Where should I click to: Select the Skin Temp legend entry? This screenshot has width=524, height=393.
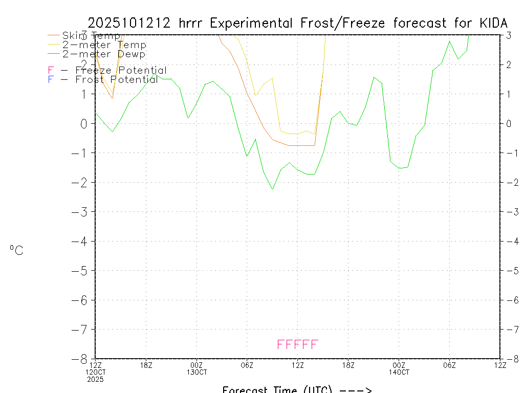[x=91, y=35]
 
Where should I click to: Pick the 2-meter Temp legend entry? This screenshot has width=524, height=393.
[x=104, y=45]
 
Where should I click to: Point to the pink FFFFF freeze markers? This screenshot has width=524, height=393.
[x=297, y=344]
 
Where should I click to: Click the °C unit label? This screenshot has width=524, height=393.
[x=16, y=250]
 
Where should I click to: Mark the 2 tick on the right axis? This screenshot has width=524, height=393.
[x=509, y=64]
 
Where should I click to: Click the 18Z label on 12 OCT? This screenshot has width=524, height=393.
[x=146, y=365]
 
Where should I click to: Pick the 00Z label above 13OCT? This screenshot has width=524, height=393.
[x=196, y=365]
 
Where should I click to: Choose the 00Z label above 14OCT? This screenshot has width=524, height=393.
[x=399, y=365]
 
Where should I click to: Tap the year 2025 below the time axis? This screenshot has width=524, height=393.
[x=95, y=379]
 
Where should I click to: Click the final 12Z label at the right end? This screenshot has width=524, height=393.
[x=500, y=365]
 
